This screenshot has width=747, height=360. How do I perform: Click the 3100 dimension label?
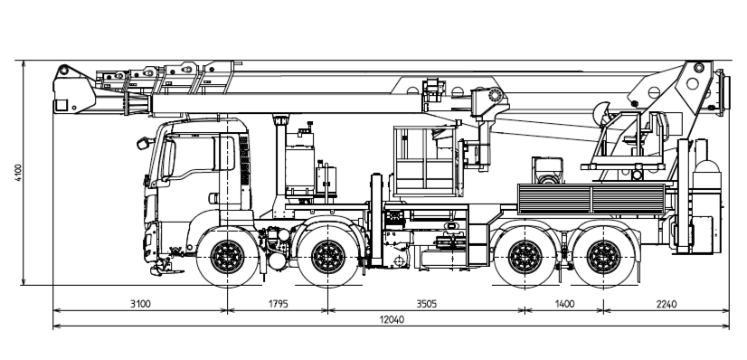point(140,304)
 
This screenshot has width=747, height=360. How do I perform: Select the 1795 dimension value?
point(279,304)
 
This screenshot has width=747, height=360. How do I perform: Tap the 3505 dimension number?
point(426,304)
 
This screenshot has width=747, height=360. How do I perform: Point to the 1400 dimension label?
point(564,304)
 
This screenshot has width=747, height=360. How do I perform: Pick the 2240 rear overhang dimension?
point(666,304)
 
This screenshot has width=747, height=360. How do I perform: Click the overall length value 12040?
point(392,319)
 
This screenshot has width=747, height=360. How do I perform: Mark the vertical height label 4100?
point(19,173)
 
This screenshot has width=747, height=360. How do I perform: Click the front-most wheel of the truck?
point(227,257)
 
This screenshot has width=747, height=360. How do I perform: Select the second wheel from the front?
point(328,257)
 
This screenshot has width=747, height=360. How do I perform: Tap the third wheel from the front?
point(525,257)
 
